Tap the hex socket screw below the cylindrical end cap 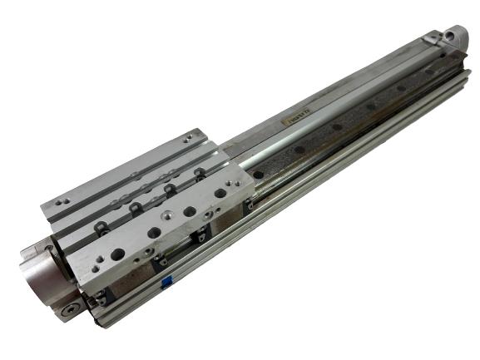click(66, 310)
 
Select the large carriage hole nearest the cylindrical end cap click(117, 254)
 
